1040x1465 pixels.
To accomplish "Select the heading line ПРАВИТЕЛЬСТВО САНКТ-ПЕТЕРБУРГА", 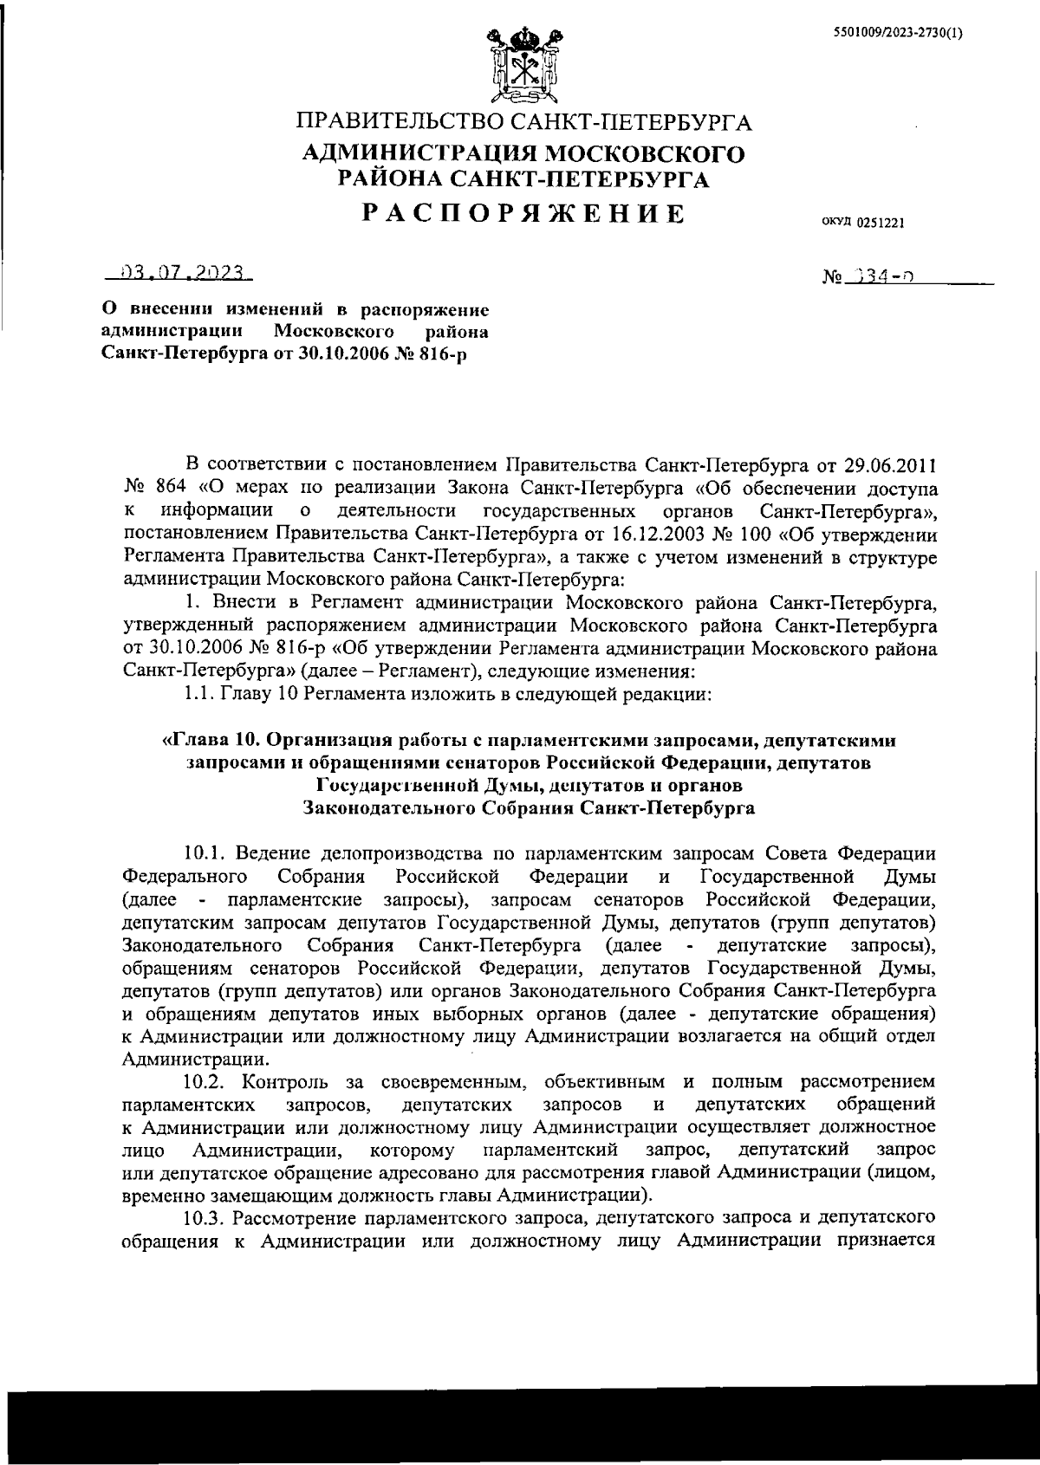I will (524, 121).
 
